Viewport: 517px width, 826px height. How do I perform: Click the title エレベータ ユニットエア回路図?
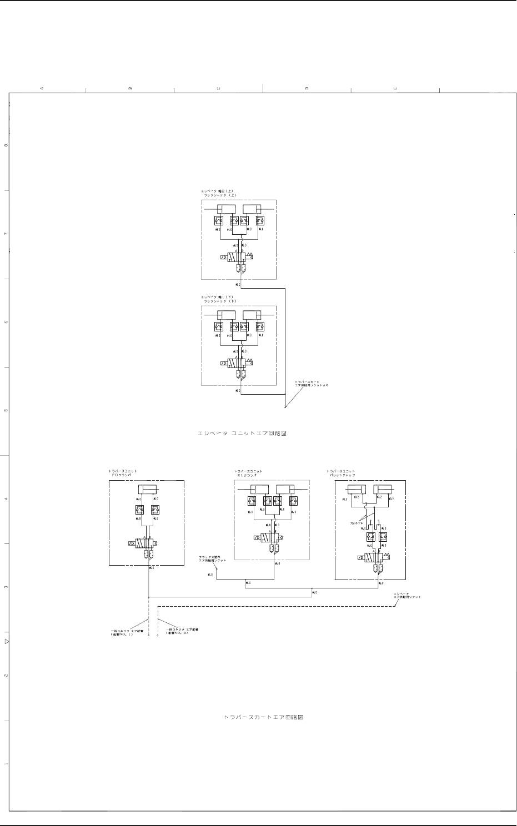[242, 433]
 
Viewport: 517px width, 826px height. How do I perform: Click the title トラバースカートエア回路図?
[263, 717]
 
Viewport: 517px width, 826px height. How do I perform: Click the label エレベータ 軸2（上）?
[219, 192]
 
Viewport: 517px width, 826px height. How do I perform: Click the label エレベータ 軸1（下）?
[219, 298]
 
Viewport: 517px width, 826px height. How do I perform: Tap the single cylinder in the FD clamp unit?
[148, 489]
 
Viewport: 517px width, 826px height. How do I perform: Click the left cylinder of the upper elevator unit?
[227, 209]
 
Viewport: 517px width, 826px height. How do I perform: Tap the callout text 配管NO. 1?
[121, 634]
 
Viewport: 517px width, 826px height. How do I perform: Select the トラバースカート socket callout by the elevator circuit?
[310, 384]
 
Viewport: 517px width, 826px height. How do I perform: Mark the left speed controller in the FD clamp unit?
[139, 509]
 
